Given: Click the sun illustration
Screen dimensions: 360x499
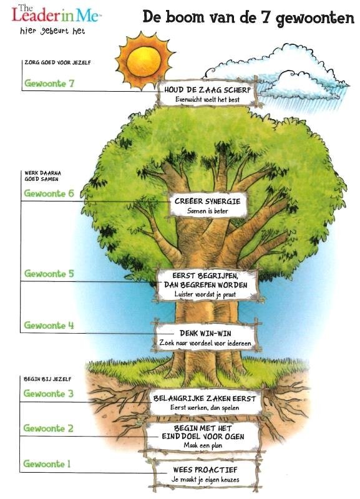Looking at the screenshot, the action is pos(144,61).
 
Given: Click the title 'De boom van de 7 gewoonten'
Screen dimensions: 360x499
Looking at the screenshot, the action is pos(248,17).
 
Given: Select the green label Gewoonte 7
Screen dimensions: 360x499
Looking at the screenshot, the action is pos(49,84).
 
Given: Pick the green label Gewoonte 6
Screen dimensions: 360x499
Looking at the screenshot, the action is pos(49,193).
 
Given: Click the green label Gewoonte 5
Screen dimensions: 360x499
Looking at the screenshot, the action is pos(49,273).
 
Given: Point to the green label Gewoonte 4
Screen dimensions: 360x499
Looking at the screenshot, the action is pos(49,325).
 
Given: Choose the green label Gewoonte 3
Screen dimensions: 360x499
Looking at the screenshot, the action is pos(49,394).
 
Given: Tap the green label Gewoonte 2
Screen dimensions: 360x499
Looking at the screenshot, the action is pos(49,428).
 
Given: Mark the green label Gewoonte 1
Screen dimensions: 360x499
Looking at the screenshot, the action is pos(47,463).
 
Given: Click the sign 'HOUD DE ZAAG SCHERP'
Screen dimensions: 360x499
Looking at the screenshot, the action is pos(207,94).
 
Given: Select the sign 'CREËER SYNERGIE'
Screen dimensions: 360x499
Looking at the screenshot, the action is pos(208,205).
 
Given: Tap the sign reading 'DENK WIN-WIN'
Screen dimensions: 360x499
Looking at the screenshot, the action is pos(206,337).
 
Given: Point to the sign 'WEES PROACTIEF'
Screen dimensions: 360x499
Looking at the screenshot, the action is pos(205,474).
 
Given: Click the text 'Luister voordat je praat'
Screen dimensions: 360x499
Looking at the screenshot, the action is pos(205,294).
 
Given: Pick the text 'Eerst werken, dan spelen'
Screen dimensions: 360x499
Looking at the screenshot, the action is pos(205,408).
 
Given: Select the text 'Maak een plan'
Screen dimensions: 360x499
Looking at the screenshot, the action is pos(203,445).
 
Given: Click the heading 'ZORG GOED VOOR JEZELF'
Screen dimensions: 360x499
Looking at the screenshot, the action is pos(57,63).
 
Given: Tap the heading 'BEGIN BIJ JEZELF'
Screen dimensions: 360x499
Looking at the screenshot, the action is pos(47,379).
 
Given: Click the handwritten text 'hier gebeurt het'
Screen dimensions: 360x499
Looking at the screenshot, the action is pos(52,31).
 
